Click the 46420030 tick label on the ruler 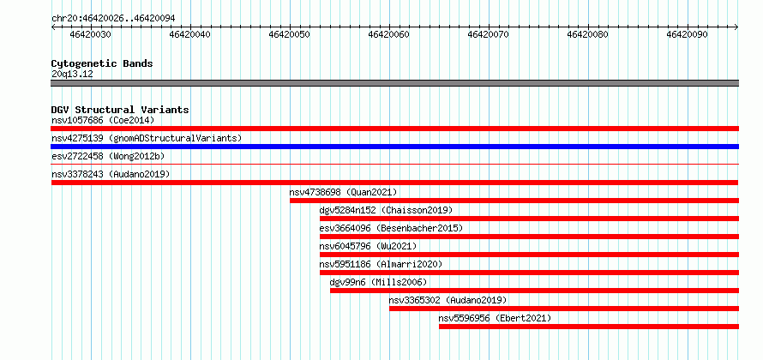click(x=91, y=35)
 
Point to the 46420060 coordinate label click(x=389, y=35)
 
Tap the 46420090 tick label click(x=687, y=35)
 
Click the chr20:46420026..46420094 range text click(x=113, y=19)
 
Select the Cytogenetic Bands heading click(x=102, y=63)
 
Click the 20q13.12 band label click(x=72, y=75)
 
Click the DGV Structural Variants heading click(x=120, y=110)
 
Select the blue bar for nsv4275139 click(x=394, y=147)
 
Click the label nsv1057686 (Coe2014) click(x=103, y=120)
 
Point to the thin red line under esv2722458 click(x=394, y=165)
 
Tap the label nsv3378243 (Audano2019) click(x=111, y=174)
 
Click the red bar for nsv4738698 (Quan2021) click(x=514, y=201)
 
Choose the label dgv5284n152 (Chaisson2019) click(x=386, y=210)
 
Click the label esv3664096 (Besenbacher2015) click(x=391, y=228)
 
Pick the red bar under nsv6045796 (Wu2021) click(x=530, y=255)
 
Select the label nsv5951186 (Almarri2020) click(x=381, y=264)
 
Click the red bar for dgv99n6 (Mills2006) click(x=534, y=291)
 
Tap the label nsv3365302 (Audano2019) click(x=448, y=300)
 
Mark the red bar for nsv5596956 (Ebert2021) click(x=589, y=327)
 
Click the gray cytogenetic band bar click(x=394, y=83)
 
